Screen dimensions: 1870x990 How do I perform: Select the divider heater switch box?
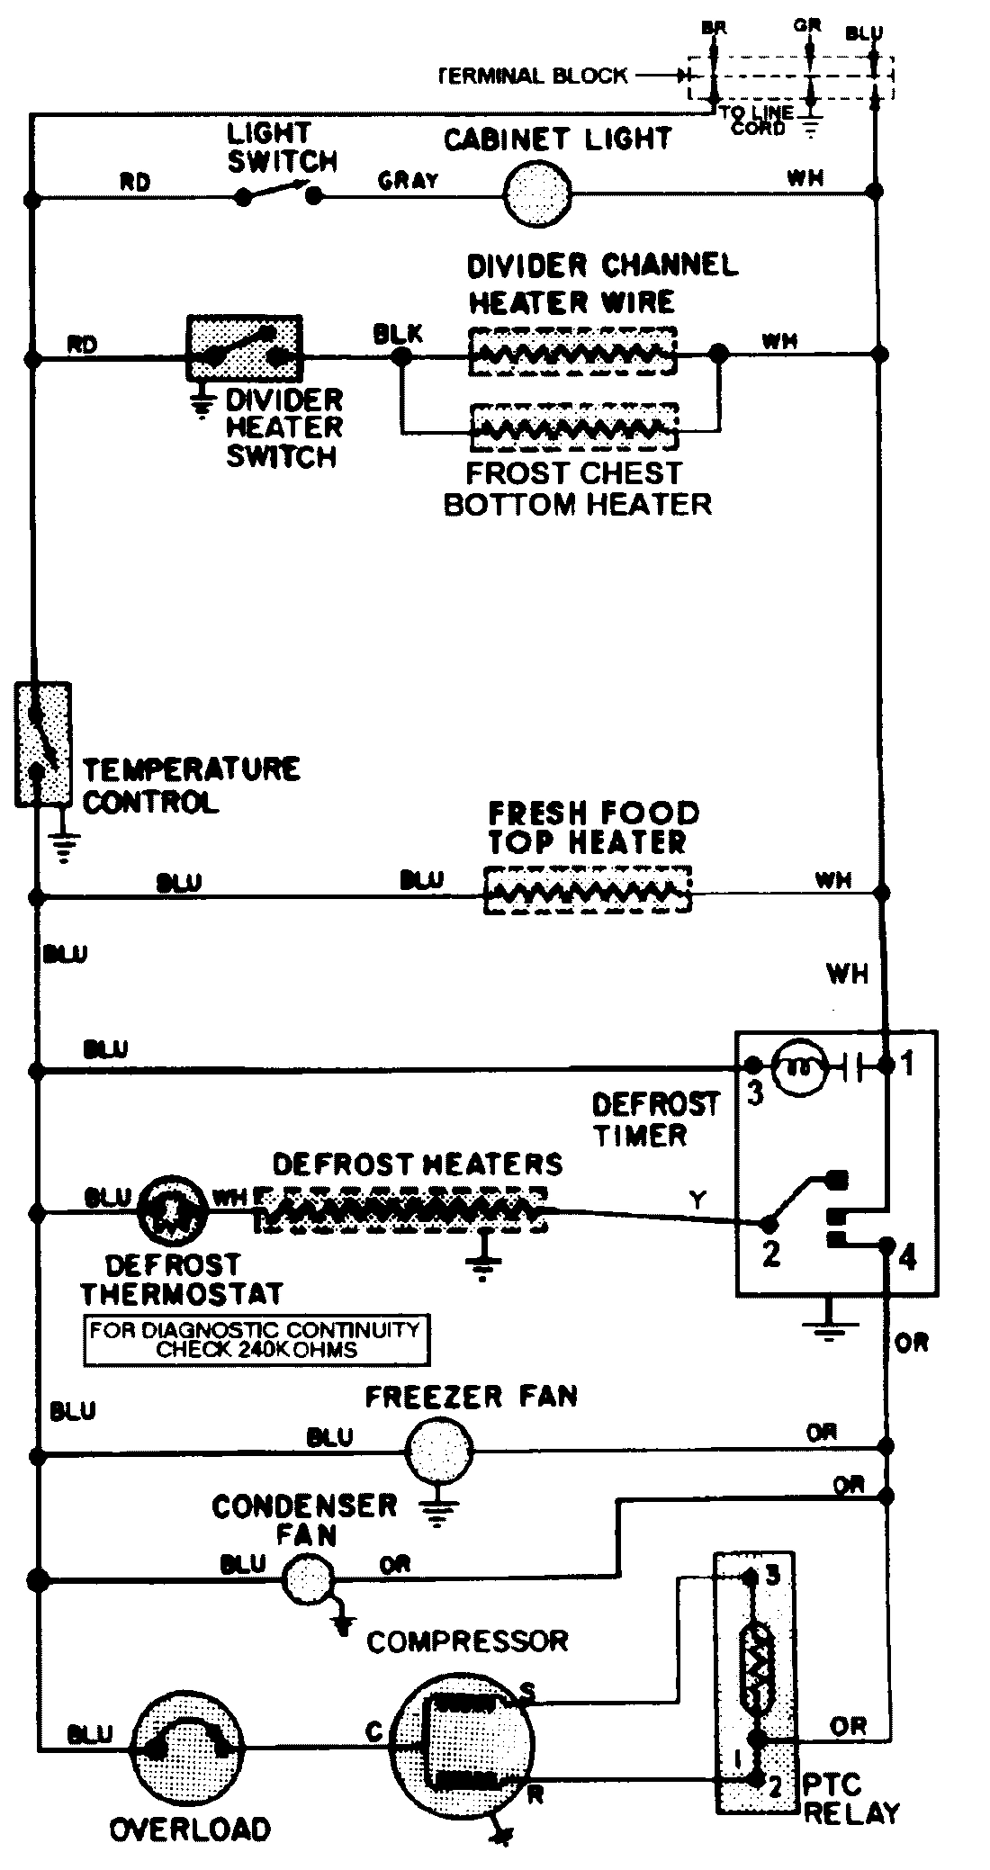tap(243, 347)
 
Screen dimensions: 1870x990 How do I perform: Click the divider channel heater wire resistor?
tap(571, 350)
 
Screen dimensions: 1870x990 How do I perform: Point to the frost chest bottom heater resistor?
tap(573, 428)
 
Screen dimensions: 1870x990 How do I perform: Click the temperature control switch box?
tap(41, 743)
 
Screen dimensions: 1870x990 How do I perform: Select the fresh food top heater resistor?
tap(588, 891)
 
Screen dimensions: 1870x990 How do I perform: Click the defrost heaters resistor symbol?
tap(400, 1210)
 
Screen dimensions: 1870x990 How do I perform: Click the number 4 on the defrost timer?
tap(907, 1258)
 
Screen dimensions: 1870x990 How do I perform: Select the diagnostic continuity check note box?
tap(256, 1340)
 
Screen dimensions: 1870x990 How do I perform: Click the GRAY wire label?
tap(408, 180)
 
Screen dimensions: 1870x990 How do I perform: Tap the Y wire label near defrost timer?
tap(697, 1199)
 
